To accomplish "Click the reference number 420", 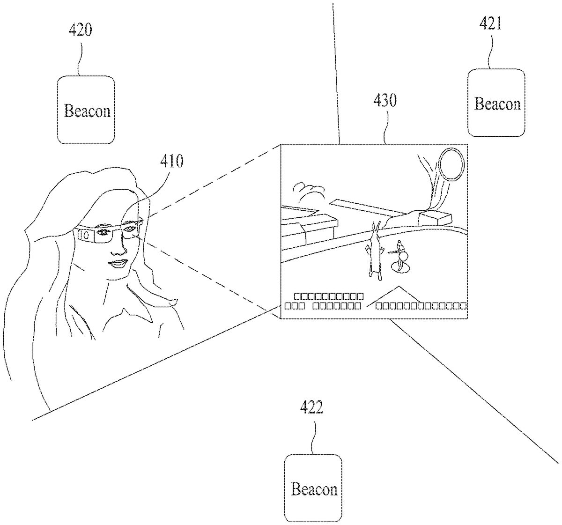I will [x=80, y=30].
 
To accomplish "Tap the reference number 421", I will [x=490, y=23].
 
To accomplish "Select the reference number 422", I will [x=311, y=408].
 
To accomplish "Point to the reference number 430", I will [x=385, y=100].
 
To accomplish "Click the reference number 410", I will [x=172, y=161].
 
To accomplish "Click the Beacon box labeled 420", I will [x=86, y=110].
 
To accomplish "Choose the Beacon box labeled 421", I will [x=496, y=103].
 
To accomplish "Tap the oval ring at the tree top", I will [x=451, y=164].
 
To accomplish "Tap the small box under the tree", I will [x=435, y=217].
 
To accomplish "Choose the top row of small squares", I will [x=328, y=296].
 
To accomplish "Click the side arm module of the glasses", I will [x=86, y=234].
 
